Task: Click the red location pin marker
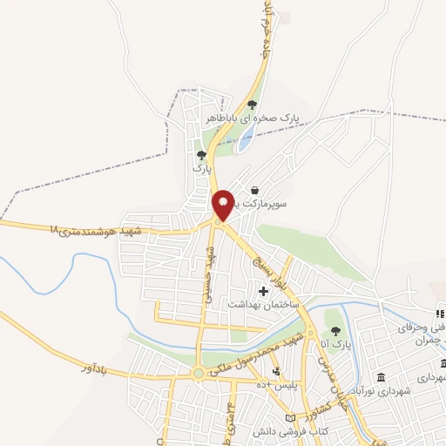[223, 205]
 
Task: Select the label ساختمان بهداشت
[263, 305]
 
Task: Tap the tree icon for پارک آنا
[334, 330]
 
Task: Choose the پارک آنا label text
[334, 345]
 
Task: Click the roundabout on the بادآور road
[199, 373]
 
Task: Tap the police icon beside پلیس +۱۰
[277, 372]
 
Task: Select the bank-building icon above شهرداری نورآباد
[382, 377]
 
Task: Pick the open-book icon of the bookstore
[302, 419]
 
